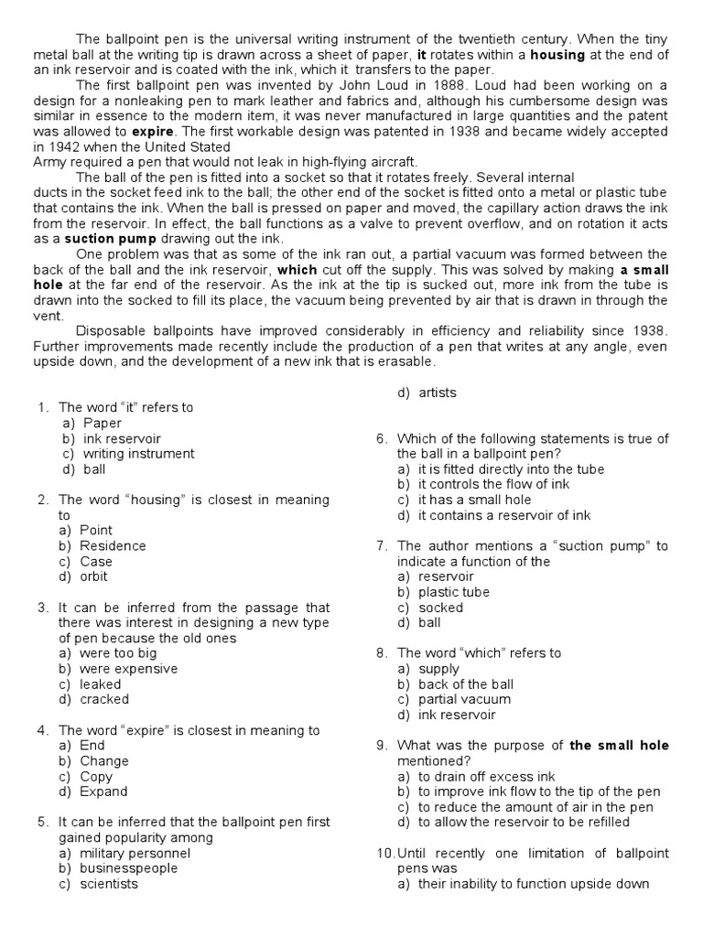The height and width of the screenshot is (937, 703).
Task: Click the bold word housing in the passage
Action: coord(559,55)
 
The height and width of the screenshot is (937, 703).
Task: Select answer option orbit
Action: coord(93,576)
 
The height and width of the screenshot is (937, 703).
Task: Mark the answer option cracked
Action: coord(104,699)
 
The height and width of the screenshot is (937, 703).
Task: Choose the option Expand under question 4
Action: coord(103,792)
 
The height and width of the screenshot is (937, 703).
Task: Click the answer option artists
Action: coord(438,393)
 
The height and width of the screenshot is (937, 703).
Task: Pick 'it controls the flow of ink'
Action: coord(493,484)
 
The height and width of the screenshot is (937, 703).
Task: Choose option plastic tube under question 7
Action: coord(454,592)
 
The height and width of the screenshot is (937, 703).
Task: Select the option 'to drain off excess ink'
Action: coord(487,776)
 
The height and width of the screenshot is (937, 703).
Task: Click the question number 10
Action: coord(384,853)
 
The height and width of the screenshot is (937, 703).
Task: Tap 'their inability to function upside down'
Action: coord(534,884)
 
